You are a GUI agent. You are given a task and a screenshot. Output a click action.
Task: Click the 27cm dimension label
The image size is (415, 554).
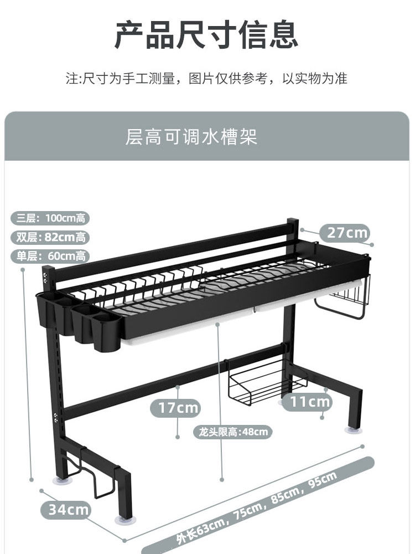click(x=347, y=232)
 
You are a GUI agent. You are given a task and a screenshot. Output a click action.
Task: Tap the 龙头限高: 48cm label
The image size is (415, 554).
click(x=232, y=432)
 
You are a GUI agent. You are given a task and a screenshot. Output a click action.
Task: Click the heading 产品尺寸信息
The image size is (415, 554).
click(x=207, y=34)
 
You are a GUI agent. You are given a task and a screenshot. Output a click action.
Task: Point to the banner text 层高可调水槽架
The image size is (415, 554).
click(x=191, y=136)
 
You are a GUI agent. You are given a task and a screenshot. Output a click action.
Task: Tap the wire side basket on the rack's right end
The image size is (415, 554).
click(x=343, y=299)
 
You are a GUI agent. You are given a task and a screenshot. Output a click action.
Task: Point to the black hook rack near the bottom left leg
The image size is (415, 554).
click(x=97, y=474)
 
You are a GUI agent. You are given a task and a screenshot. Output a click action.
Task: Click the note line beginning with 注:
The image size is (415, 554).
click(x=207, y=78)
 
